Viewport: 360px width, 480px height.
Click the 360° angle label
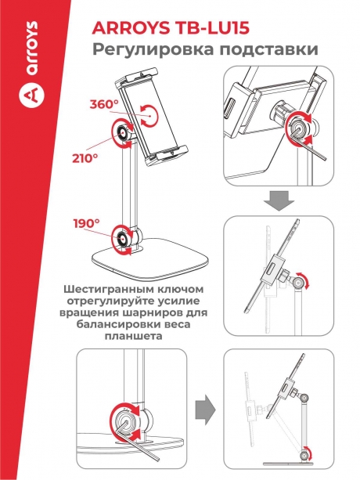pyautogui.click(x=103, y=104)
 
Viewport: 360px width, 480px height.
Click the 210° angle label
pyautogui.click(x=85, y=158)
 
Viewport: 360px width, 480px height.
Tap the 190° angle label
pyautogui.click(x=88, y=223)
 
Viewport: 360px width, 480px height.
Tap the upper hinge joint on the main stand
pyautogui.click(x=124, y=134)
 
